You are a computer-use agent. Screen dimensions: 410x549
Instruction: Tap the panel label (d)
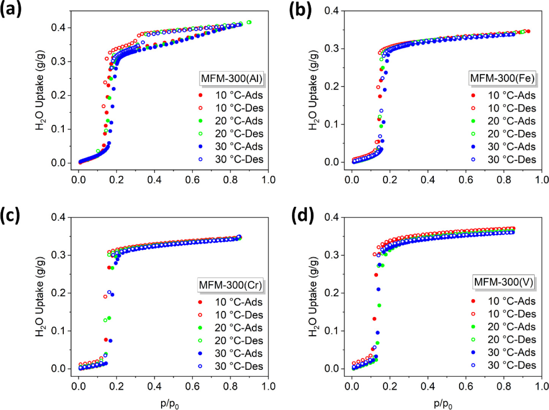click(x=302, y=215)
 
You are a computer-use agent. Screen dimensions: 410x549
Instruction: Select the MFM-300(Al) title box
click(x=232, y=79)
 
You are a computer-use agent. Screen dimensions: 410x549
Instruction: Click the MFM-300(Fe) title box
click(x=502, y=78)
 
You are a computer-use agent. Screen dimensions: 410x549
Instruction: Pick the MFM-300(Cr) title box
click(x=230, y=285)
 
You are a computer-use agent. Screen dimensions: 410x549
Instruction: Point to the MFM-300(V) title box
click(x=503, y=282)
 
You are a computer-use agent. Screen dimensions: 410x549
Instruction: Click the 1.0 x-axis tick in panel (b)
click(x=541, y=180)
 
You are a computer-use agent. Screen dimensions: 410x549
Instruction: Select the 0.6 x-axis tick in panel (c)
click(x=192, y=386)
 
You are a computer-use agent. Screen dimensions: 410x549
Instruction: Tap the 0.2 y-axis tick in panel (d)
click(x=331, y=293)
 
